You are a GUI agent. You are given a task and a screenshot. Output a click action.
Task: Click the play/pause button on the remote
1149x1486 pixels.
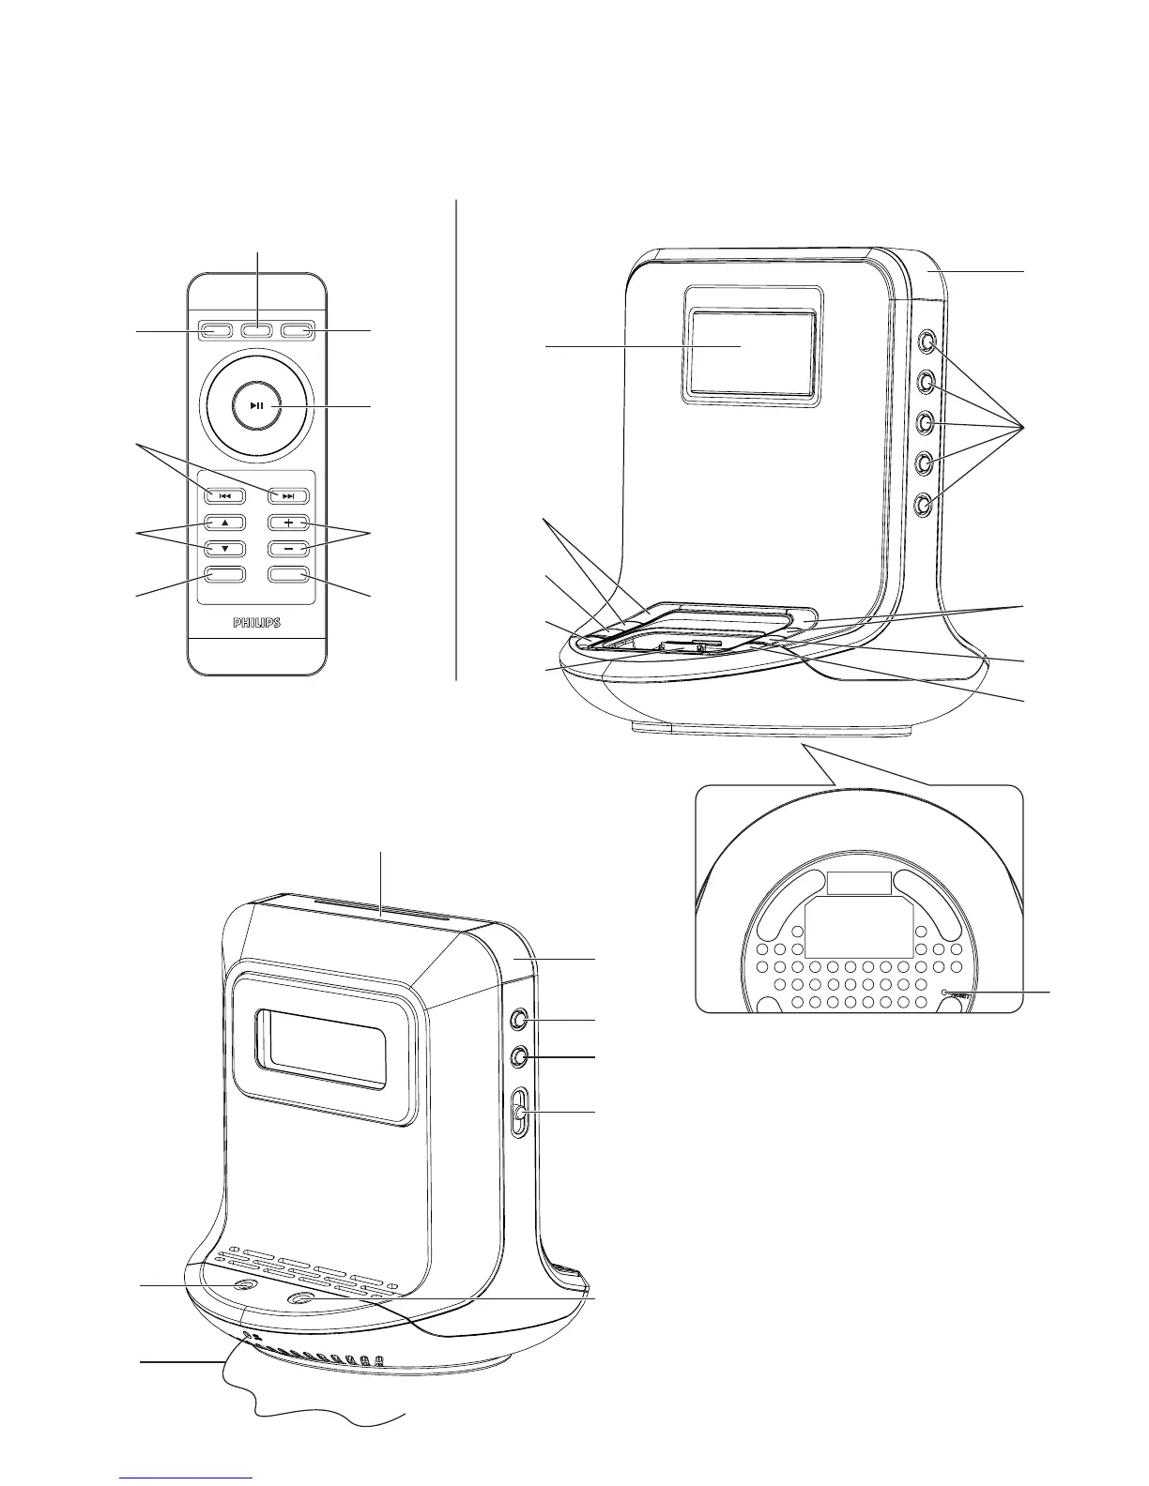[256, 406]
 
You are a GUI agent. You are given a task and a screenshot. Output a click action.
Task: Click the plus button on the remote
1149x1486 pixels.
[288, 523]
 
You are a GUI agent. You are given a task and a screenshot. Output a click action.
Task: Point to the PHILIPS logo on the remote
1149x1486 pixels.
[256, 623]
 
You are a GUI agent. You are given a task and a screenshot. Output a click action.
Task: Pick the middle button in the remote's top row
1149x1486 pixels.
[256, 330]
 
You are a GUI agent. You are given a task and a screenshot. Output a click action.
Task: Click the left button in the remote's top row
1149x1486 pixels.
[215, 330]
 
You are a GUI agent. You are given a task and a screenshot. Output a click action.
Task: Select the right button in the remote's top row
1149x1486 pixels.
[298, 330]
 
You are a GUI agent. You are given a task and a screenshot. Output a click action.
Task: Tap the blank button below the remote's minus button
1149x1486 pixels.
[288, 575]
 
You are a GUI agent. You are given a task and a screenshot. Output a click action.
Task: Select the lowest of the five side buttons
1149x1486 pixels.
[926, 505]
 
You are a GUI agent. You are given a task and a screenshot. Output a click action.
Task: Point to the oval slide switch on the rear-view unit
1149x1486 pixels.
[520, 1113]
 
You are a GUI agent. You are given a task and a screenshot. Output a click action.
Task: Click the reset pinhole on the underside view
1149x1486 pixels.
[945, 992]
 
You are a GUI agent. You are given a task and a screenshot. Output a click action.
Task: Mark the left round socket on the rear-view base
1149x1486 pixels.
[244, 1289]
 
